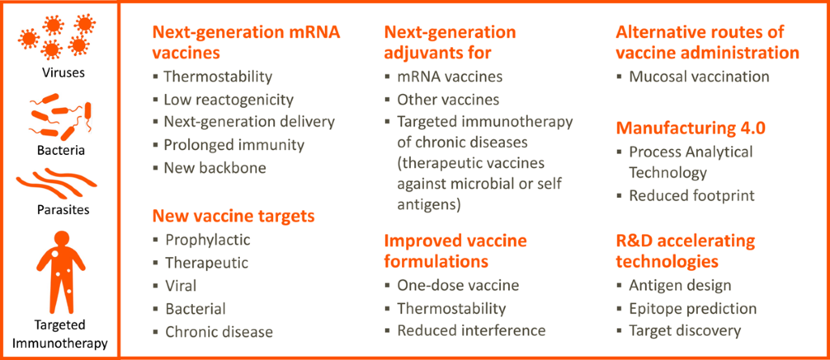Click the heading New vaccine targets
pyautogui.click(x=233, y=216)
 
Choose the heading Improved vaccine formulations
pyautogui.click(x=455, y=251)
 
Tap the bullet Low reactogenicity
pyautogui.click(x=228, y=100)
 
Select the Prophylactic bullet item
pyautogui.click(x=207, y=240)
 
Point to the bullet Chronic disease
pyautogui.click(x=219, y=331)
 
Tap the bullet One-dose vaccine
pyautogui.click(x=457, y=285)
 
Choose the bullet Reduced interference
pyautogui.click(x=470, y=331)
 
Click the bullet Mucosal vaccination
pyautogui.click(x=699, y=77)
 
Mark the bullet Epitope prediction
pyautogui.click(x=692, y=308)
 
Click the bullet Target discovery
pyautogui.click(x=684, y=331)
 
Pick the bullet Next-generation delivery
pyautogui.click(x=249, y=122)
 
